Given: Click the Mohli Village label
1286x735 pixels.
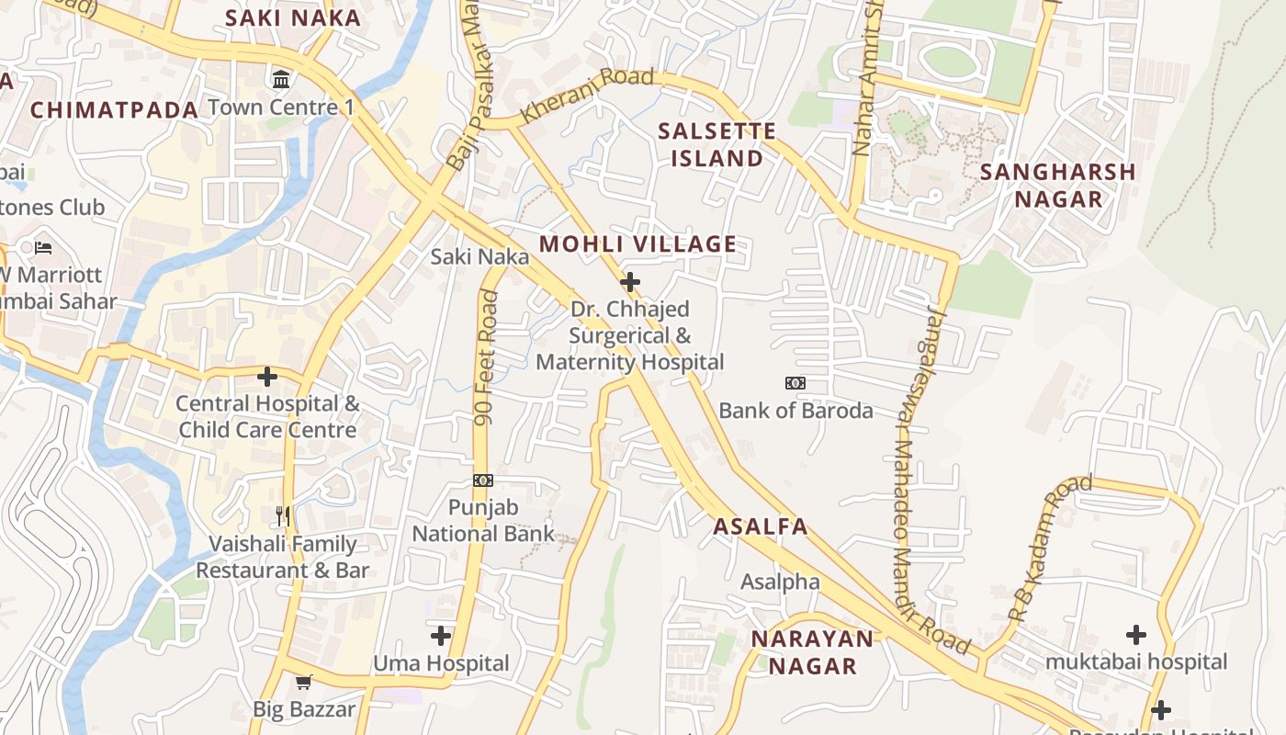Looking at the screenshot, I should (637, 244).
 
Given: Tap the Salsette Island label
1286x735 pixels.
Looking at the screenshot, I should (716, 144).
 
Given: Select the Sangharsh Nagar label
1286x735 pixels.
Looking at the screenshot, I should (1057, 186).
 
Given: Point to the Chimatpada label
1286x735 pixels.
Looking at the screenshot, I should (115, 110).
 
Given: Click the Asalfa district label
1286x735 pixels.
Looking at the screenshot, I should (761, 526).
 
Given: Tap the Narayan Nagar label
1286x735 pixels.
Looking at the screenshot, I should (812, 652).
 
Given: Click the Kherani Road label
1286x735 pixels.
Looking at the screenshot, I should (587, 95).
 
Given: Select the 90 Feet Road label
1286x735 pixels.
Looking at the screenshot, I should (486, 358).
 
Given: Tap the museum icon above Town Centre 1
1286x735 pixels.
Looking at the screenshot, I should (281, 80).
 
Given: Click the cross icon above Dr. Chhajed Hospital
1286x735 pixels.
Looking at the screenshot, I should (630, 282).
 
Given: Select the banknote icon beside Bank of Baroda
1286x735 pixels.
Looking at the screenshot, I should (795, 383).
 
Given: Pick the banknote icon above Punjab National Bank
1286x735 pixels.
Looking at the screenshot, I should (483, 481).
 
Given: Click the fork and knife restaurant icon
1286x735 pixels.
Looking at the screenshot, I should (283, 516).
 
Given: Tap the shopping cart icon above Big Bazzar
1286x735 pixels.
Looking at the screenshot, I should (304, 682).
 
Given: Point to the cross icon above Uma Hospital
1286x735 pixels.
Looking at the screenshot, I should (441, 635).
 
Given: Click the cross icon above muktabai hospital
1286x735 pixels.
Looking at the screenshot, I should (1136, 634).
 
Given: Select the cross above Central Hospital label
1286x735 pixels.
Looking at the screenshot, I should (267, 377).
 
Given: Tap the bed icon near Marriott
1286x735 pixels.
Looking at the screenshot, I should (43, 247).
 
